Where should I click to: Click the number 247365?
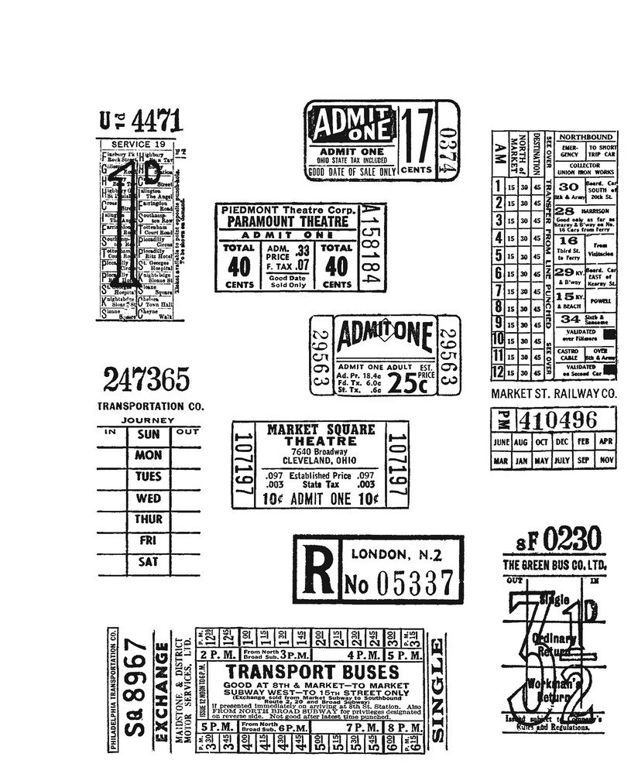[x=144, y=379]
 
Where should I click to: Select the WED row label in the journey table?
[x=149, y=498]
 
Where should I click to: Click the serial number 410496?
[x=566, y=420]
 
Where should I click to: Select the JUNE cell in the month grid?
[x=501, y=441]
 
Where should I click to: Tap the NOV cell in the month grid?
[x=606, y=461]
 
